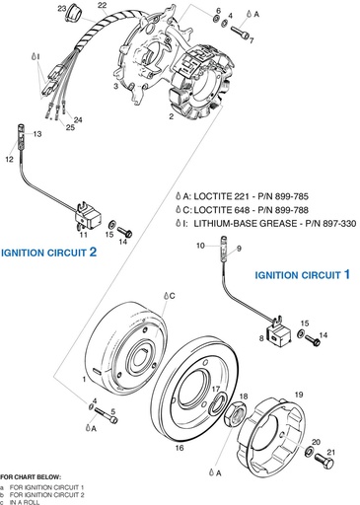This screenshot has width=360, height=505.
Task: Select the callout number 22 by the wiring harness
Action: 103,6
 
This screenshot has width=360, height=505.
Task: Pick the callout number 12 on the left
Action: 9,158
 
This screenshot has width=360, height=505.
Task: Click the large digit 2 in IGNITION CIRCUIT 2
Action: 93,252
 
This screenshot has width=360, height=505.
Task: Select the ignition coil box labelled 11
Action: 86,216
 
